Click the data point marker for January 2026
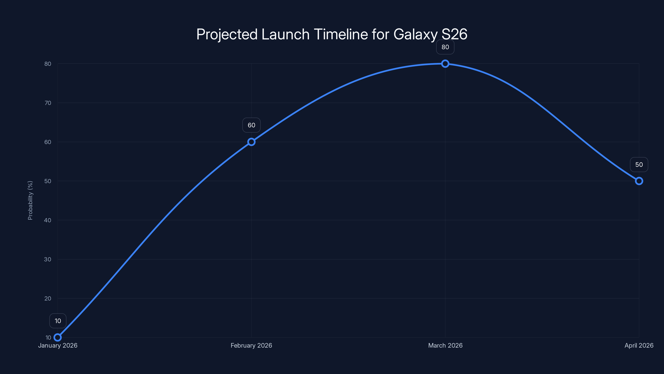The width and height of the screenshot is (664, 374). pyautogui.click(x=58, y=337)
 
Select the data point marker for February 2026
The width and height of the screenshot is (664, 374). pyautogui.click(x=251, y=142)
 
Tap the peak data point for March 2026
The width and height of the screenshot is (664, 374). pyautogui.click(x=445, y=64)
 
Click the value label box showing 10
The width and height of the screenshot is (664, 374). pyautogui.click(x=58, y=321)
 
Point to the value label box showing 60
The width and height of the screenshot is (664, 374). pyautogui.click(x=251, y=125)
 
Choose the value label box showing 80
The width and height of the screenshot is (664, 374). pyautogui.click(x=445, y=47)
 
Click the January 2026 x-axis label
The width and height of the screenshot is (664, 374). pyautogui.click(x=58, y=345)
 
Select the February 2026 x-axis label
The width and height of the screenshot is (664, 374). pyautogui.click(x=251, y=345)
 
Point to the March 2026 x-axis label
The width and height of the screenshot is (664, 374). pyautogui.click(x=445, y=345)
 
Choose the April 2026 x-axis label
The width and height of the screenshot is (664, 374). pyautogui.click(x=639, y=345)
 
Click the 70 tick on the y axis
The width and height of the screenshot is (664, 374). pyautogui.click(x=48, y=103)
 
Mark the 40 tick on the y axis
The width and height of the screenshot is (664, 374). pyautogui.click(x=48, y=220)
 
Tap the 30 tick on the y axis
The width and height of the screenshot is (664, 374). pyautogui.click(x=48, y=259)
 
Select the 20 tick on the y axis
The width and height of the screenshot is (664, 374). pyautogui.click(x=48, y=298)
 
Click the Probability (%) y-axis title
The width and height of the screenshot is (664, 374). pyautogui.click(x=30, y=200)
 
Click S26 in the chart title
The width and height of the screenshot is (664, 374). pyautogui.click(x=454, y=34)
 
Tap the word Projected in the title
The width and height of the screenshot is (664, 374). pyautogui.click(x=227, y=34)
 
